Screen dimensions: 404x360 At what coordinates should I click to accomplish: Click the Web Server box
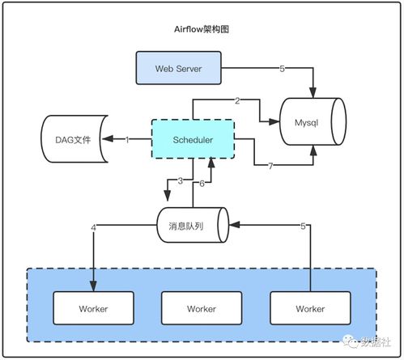(x=178, y=68)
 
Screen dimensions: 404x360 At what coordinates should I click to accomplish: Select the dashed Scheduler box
(x=193, y=139)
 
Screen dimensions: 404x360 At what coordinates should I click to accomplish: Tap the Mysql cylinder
(x=313, y=121)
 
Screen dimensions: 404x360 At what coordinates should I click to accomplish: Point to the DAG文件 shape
(x=74, y=139)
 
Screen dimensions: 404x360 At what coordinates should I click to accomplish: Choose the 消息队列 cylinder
(x=193, y=225)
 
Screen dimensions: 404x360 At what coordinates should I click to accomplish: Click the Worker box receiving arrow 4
(x=93, y=308)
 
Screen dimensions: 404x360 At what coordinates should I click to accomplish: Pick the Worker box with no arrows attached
(x=202, y=308)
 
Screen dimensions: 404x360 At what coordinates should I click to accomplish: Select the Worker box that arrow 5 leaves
(x=310, y=308)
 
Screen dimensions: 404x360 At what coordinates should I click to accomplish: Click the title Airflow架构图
(x=202, y=29)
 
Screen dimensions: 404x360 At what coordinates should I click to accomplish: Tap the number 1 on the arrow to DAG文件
(x=127, y=140)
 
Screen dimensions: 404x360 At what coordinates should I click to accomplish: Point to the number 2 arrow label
(x=237, y=101)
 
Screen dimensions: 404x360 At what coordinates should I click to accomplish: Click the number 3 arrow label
(x=181, y=180)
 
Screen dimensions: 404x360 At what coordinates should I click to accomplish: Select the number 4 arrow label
(x=93, y=228)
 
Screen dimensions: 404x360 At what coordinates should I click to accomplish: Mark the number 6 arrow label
(x=202, y=184)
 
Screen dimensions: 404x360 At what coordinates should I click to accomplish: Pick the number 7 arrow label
(x=270, y=166)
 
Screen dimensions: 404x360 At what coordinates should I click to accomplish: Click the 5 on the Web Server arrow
(x=282, y=69)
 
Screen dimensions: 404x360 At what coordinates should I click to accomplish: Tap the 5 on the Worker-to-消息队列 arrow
(x=303, y=226)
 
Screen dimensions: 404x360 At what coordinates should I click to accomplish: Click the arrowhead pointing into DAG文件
(x=108, y=139)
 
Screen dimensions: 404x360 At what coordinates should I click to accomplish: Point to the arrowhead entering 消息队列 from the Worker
(x=234, y=224)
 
